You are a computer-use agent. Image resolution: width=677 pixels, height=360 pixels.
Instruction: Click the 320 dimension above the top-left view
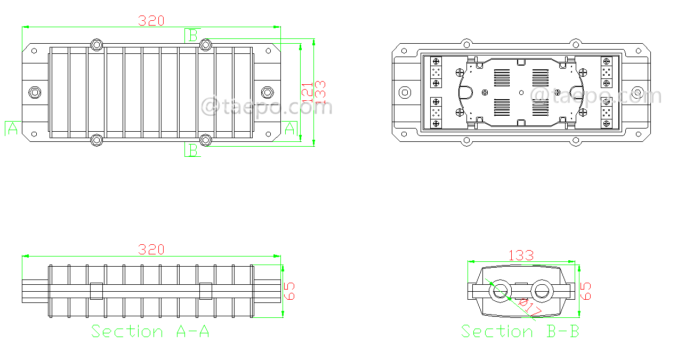click(151, 20)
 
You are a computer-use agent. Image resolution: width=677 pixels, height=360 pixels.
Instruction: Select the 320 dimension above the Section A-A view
click(151, 250)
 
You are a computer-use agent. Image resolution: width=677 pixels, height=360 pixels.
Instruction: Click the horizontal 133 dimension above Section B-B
click(521, 255)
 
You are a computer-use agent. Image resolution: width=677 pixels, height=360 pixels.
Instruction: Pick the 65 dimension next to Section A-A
click(289, 291)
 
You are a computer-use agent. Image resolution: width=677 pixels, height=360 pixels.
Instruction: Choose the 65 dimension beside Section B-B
click(585, 291)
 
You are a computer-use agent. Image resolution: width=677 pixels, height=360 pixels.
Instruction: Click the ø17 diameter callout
click(530, 307)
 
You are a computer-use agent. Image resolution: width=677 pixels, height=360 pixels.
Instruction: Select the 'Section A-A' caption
click(150, 331)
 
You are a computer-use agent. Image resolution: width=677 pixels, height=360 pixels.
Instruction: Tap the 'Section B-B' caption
click(520, 331)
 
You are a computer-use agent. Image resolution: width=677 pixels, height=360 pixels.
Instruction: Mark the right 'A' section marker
click(291, 129)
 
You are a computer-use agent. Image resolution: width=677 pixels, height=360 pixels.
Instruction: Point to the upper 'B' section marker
click(193, 35)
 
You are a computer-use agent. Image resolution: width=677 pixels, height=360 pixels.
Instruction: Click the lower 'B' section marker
click(193, 150)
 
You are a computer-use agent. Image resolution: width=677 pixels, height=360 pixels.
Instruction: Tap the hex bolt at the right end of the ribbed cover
click(267, 92)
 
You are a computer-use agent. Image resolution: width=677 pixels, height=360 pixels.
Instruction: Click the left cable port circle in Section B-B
click(501, 291)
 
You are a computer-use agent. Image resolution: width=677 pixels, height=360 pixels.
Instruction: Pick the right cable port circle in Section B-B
click(542, 291)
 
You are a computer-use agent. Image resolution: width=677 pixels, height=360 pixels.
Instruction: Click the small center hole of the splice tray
click(521, 92)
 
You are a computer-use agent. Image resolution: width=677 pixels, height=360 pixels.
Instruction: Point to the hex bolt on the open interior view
click(405, 93)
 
